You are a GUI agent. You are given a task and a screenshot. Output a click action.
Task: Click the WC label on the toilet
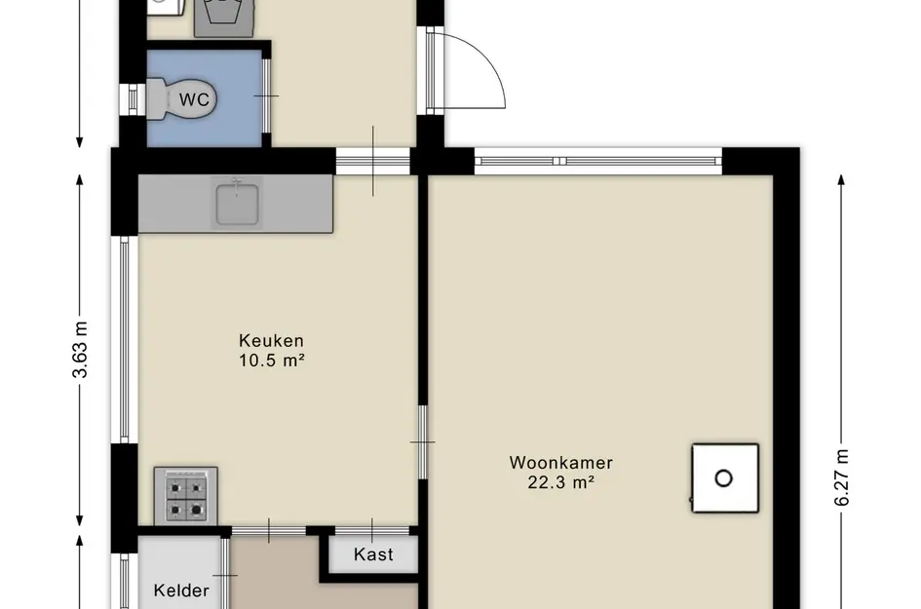point(194,99)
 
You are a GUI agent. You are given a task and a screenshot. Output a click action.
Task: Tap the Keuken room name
point(271,341)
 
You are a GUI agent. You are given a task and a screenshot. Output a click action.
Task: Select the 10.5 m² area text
point(271,360)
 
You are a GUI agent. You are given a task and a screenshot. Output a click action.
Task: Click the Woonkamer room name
point(561,463)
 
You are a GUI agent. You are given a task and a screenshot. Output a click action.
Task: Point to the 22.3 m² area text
point(561,482)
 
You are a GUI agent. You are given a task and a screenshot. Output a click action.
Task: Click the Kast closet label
point(373,554)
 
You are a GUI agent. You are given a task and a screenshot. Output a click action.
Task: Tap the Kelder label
point(181,590)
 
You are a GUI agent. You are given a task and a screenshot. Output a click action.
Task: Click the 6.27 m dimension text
point(841,477)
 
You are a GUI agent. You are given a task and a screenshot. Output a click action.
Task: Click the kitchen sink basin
point(237,204)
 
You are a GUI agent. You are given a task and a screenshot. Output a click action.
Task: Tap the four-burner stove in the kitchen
point(185,496)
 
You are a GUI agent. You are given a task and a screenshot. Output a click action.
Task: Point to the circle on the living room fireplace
point(723,478)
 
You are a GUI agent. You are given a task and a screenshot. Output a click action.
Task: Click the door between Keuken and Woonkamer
point(422,441)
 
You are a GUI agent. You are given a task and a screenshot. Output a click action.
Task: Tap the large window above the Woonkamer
point(598,161)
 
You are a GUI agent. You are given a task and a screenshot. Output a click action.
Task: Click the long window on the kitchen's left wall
point(125,339)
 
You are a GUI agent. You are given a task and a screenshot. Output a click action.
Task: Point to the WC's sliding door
point(266,95)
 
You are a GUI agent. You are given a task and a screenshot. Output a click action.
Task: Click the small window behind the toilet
point(133,99)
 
